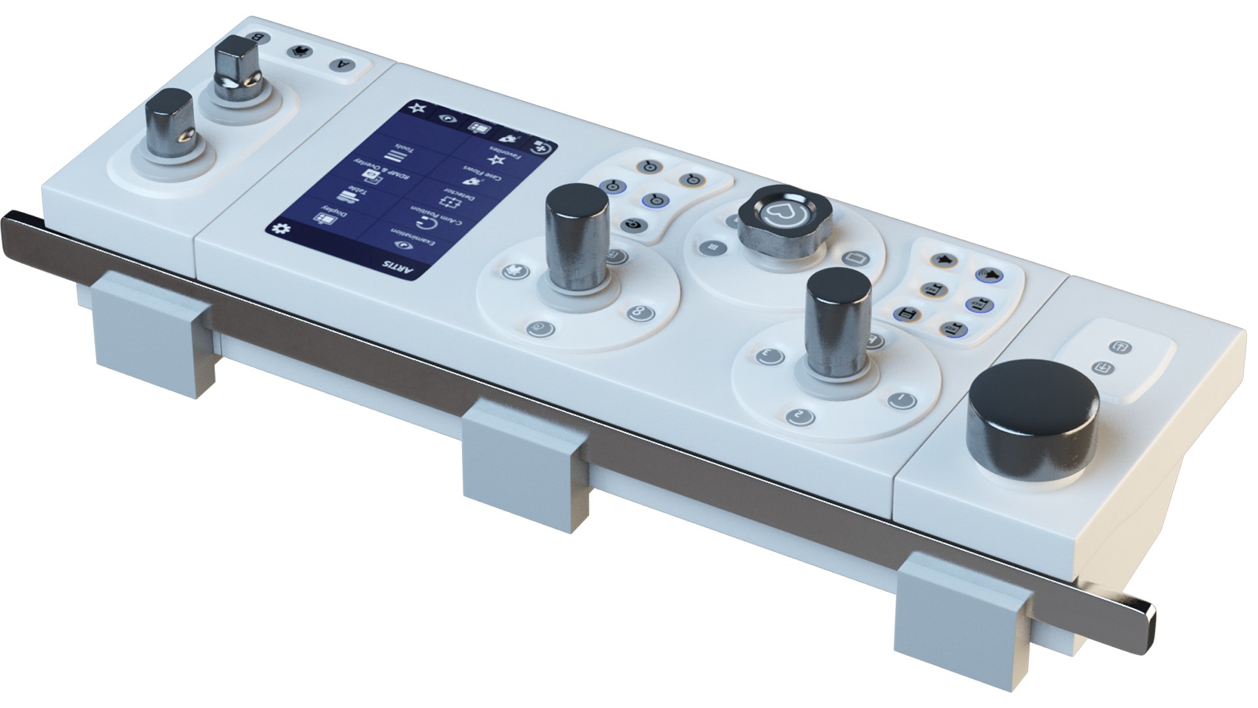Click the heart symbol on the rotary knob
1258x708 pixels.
[778, 211]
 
